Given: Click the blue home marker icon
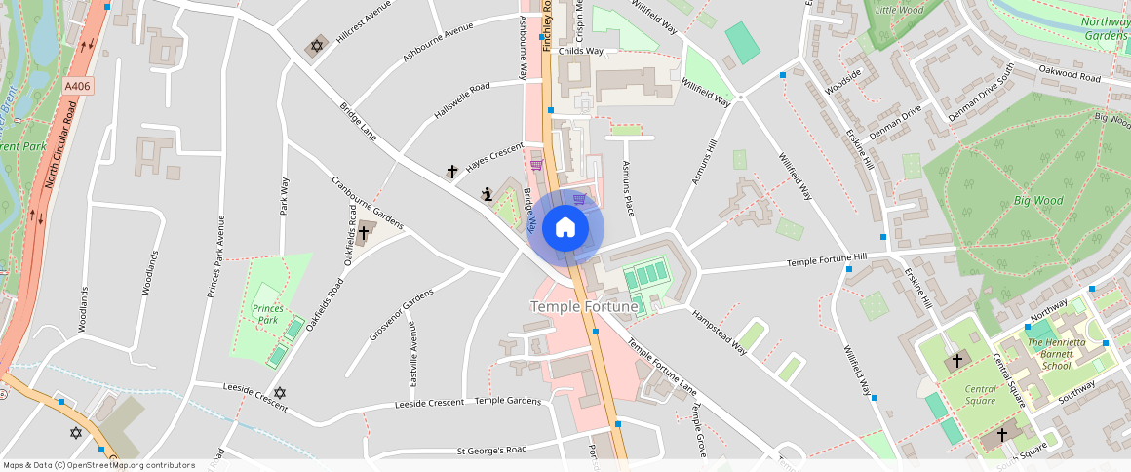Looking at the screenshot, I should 565,228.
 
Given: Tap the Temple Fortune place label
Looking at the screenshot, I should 584,307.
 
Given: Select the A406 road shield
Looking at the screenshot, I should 78,87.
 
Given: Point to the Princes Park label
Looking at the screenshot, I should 267,314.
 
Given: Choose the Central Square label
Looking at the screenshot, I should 980,395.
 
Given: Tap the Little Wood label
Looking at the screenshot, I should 899,10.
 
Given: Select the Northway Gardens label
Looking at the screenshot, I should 1106,28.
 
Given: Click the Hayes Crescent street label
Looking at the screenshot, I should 494,158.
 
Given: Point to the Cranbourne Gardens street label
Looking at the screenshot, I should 367,204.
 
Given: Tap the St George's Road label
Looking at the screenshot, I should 491,451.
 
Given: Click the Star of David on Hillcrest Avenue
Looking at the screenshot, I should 315,46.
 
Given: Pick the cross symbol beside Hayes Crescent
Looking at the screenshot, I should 452,172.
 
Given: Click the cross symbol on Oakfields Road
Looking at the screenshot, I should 366,232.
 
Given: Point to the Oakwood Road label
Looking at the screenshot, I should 1070,75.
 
